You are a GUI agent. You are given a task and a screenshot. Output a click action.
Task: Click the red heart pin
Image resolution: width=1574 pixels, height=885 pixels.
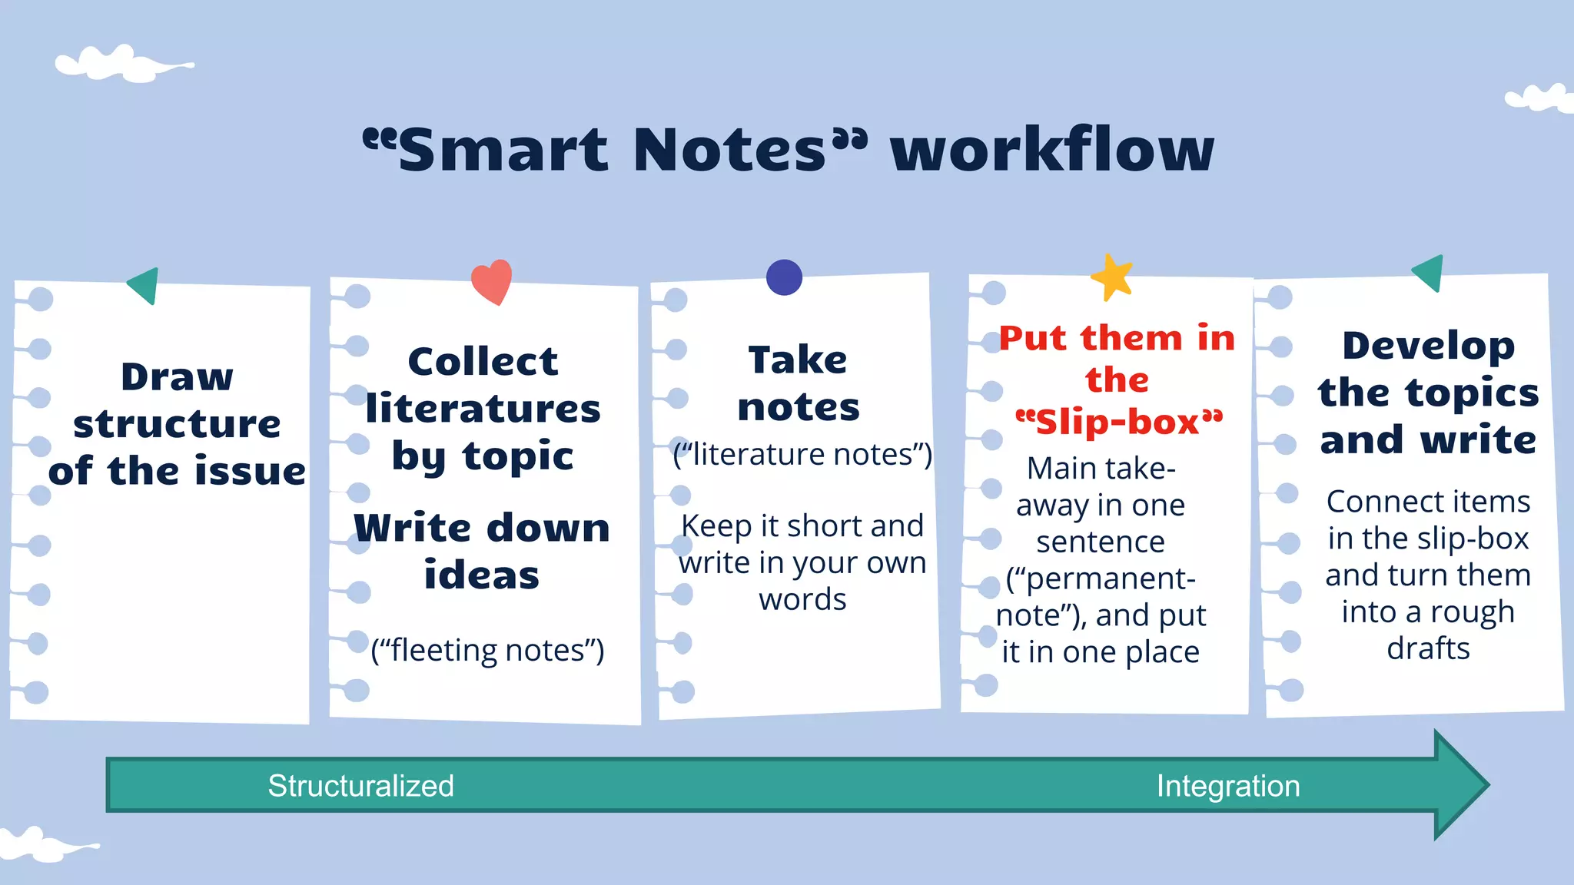click(x=492, y=280)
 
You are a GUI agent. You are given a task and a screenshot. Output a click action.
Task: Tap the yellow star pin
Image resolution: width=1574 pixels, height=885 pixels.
click(x=1112, y=278)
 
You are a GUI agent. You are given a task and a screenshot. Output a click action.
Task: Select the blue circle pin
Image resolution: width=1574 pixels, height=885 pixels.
click(x=784, y=277)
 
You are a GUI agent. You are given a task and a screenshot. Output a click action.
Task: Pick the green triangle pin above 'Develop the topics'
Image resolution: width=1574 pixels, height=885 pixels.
click(x=1430, y=272)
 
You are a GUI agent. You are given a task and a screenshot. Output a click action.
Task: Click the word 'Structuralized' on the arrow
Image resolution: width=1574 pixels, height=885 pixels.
click(x=360, y=786)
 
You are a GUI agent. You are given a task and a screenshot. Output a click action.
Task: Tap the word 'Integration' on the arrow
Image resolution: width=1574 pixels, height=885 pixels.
click(x=1228, y=786)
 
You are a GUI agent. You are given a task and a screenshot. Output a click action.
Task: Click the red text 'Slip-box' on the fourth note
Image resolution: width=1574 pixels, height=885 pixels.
click(x=1118, y=422)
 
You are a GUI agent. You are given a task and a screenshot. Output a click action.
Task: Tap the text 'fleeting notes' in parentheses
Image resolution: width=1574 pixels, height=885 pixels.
click(x=487, y=650)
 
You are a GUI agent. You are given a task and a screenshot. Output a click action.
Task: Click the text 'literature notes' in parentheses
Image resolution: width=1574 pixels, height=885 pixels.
click(x=802, y=454)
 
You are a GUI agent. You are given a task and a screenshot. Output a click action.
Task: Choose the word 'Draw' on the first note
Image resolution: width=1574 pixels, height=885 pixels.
click(x=177, y=376)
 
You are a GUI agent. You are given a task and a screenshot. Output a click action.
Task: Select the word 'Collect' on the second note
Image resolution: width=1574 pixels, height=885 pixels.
click(x=483, y=361)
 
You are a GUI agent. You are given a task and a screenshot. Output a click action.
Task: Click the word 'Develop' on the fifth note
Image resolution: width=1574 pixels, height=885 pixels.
click(x=1428, y=345)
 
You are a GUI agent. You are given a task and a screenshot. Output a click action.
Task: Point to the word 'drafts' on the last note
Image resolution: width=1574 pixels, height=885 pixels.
click(x=1428, y=648)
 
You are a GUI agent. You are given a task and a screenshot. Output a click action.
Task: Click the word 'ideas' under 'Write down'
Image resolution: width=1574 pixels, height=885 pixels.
click(x=482, y=575)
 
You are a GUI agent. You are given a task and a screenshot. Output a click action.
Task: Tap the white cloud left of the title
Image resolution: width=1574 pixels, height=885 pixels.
click(x=123, y=64)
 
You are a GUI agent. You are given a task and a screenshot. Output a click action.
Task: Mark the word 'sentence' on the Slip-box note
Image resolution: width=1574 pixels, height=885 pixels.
click(x=1101, y=542)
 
